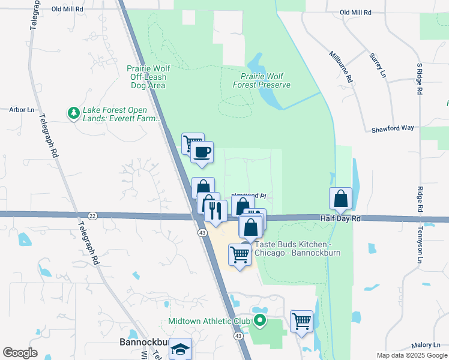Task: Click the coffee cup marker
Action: tap(202, 152)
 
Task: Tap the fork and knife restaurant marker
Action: tap(215, 210)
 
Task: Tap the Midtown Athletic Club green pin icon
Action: tap(259, 321)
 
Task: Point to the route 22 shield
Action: tap(92, 215)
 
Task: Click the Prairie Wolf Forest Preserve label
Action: tap(265, 80)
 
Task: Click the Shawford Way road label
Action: tap(393, 128)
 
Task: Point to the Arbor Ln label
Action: tap(22, 110)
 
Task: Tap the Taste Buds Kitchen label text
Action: tap(297, 248)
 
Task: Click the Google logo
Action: tap(20, 353)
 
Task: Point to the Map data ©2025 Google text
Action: tap(411, 355)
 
